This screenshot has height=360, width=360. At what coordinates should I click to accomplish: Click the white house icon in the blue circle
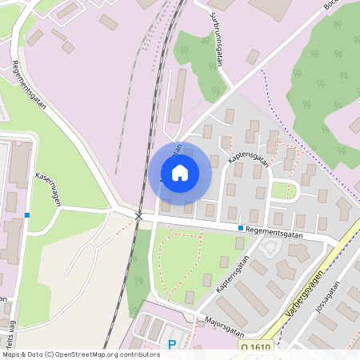click(x=179, y=173)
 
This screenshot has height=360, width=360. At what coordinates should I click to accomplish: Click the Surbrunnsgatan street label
click(x=217, y=40)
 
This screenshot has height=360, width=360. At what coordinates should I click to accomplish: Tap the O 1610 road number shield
click(x=255, y=347)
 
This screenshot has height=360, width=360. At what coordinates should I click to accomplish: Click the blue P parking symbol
click(x=172, y=346)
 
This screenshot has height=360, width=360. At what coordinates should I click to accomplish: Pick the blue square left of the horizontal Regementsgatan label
click(x=240, y=228)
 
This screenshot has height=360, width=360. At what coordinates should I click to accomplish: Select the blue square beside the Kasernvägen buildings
click(x=27, y=215)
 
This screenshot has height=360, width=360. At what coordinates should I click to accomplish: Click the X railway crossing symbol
click(x=138, y=217)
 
